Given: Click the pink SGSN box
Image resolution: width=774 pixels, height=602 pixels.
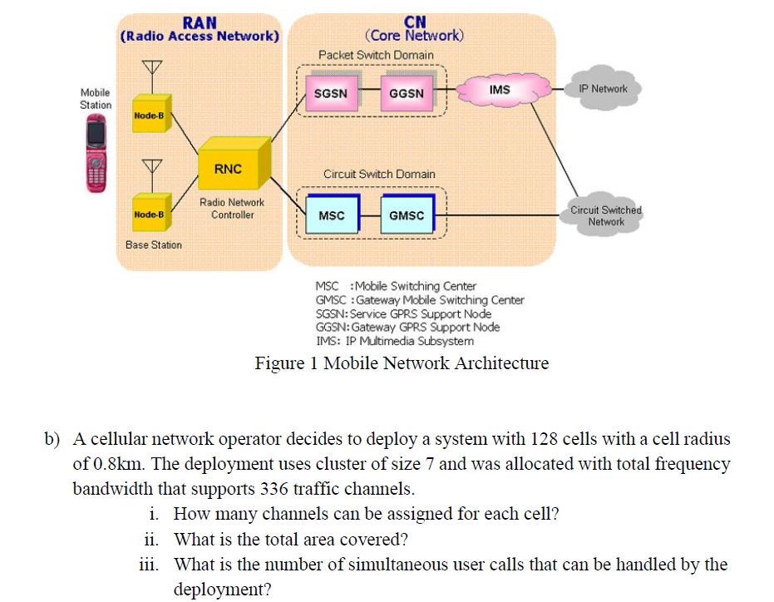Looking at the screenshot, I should click(x=330, y=93).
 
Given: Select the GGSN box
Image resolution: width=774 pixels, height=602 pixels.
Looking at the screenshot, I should click(x=406, y=93).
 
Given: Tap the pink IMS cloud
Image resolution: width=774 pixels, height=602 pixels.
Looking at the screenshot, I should click(x=500, y=90).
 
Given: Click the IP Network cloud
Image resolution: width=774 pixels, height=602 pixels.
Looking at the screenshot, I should click(x=604, y=89).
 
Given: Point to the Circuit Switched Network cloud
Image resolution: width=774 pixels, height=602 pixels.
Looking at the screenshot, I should click(x=605, y=215).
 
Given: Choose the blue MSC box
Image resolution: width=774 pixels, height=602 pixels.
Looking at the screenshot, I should click(x=332, y=215).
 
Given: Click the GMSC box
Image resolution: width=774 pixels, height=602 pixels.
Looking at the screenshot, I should click(x=406, y=215).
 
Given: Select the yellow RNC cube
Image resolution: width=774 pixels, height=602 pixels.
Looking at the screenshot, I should click(x=230, y=167).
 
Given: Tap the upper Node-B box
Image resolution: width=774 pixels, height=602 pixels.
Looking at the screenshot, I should click(x=150, y=116).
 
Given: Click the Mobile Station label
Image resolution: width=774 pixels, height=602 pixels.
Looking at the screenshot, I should click(x=95, y=98).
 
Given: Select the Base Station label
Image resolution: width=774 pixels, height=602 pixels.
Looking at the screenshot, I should click(x=153, y=244).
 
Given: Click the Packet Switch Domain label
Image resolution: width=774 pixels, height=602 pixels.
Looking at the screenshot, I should click(x=376, y=55).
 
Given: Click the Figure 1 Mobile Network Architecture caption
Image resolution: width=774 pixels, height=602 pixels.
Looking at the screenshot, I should click(x=402, y=363).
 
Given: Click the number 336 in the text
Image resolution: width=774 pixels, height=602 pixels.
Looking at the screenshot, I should click(x=276, y=488).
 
